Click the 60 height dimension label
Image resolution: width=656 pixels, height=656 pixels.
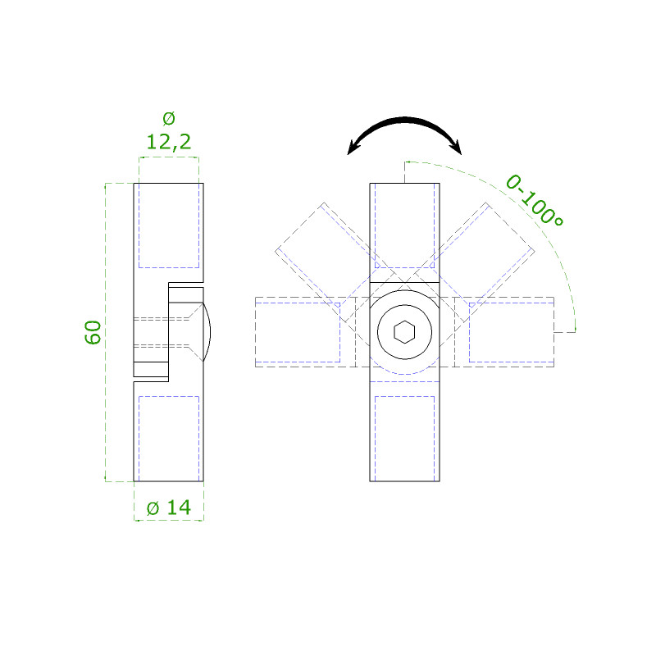coord(93,333)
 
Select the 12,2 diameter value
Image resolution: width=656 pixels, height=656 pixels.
coord(169,142)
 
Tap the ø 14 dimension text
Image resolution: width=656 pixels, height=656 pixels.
coord(169,508)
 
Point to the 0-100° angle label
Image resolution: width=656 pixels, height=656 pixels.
coord(535,201)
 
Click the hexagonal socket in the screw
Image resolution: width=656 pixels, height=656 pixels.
coord(404,332)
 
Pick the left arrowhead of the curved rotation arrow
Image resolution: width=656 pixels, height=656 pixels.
coord(354,148)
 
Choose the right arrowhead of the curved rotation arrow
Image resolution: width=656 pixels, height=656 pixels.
coord(455,148)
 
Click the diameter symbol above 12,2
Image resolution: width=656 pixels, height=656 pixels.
coord(169,118)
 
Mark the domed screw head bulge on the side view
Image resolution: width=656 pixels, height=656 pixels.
coord(207,332)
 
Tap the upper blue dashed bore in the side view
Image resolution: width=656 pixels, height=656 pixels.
coord(169,226)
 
